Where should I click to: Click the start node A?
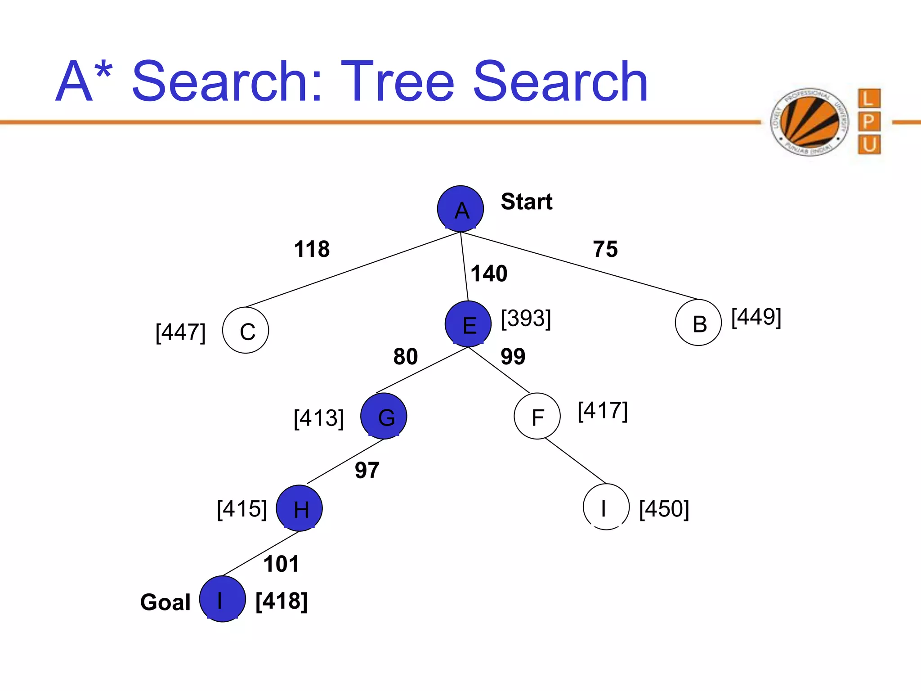(x=460, y=209)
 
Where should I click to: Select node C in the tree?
(x=246, y=331)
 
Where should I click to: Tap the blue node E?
(x=468, y=324)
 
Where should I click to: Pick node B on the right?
(x=698, y=323)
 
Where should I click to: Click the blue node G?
(x=384, y=416)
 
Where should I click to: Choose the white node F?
(x=537, y=416)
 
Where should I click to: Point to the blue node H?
(x=299, y=508)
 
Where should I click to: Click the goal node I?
(x=222, y=599)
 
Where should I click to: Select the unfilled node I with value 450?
(x=606, y=507)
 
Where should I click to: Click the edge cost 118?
(x=312, y=249)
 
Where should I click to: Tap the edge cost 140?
(x=489, y=273)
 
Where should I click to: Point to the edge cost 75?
(x=605, y=249)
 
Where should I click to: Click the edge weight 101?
(x=281, y=564)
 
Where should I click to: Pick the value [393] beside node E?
(x=526, y=319)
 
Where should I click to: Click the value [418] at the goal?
(x=282, y=601)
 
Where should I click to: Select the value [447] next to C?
(x=180, y=332)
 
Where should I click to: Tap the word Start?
(x=527, y=201)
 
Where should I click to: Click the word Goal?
(x=165, y=602)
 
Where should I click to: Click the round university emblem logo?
(x=809, y=122)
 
